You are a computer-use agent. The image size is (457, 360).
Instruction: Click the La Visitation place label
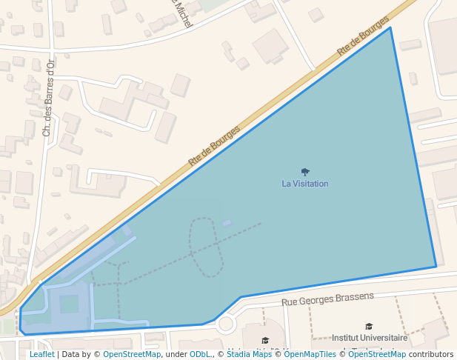coord(304,184)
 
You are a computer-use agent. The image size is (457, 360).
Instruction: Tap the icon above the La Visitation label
coord(305,172)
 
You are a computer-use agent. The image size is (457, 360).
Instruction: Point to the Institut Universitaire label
coord(370,338)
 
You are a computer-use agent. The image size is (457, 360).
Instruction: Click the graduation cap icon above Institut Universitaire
coord(369,326)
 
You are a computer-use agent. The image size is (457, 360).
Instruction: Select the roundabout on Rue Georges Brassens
coord(226,324)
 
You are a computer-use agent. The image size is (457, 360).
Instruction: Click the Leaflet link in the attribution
coord(41,354)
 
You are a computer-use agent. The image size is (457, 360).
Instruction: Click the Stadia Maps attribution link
coord(249,354)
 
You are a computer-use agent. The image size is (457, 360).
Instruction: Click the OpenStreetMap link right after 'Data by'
coord(132,354)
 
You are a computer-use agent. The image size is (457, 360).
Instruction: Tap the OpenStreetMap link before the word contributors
coord(377,354)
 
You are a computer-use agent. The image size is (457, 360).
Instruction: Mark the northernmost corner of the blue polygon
coord(390,28)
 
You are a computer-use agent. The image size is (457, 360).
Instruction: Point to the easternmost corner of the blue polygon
coord(436,267)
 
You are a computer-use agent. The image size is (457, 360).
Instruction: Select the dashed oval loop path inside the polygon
coord(205,247)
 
